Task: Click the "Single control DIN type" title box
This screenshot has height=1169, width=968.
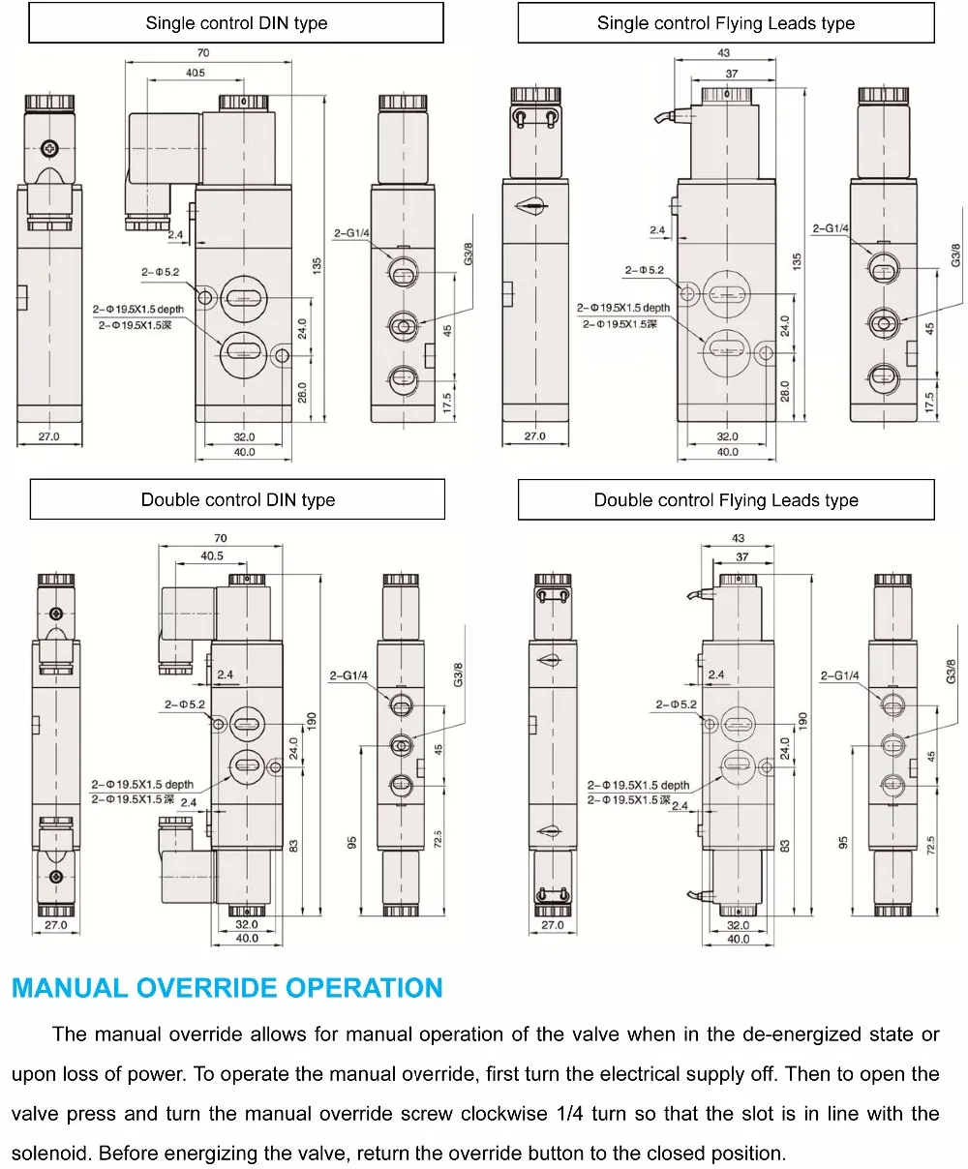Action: (236, 22)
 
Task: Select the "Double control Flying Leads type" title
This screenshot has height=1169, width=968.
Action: (726, 500)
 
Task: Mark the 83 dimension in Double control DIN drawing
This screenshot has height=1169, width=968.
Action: (293, 844)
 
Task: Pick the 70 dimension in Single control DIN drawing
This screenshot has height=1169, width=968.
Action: (202, 54)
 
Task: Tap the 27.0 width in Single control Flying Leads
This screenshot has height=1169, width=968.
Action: (534, 436)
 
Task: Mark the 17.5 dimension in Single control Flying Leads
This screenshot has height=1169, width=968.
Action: (928, 402)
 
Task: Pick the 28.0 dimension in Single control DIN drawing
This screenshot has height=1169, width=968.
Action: (301, 392)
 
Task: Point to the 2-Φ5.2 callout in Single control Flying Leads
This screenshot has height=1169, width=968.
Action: (644, 270)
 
